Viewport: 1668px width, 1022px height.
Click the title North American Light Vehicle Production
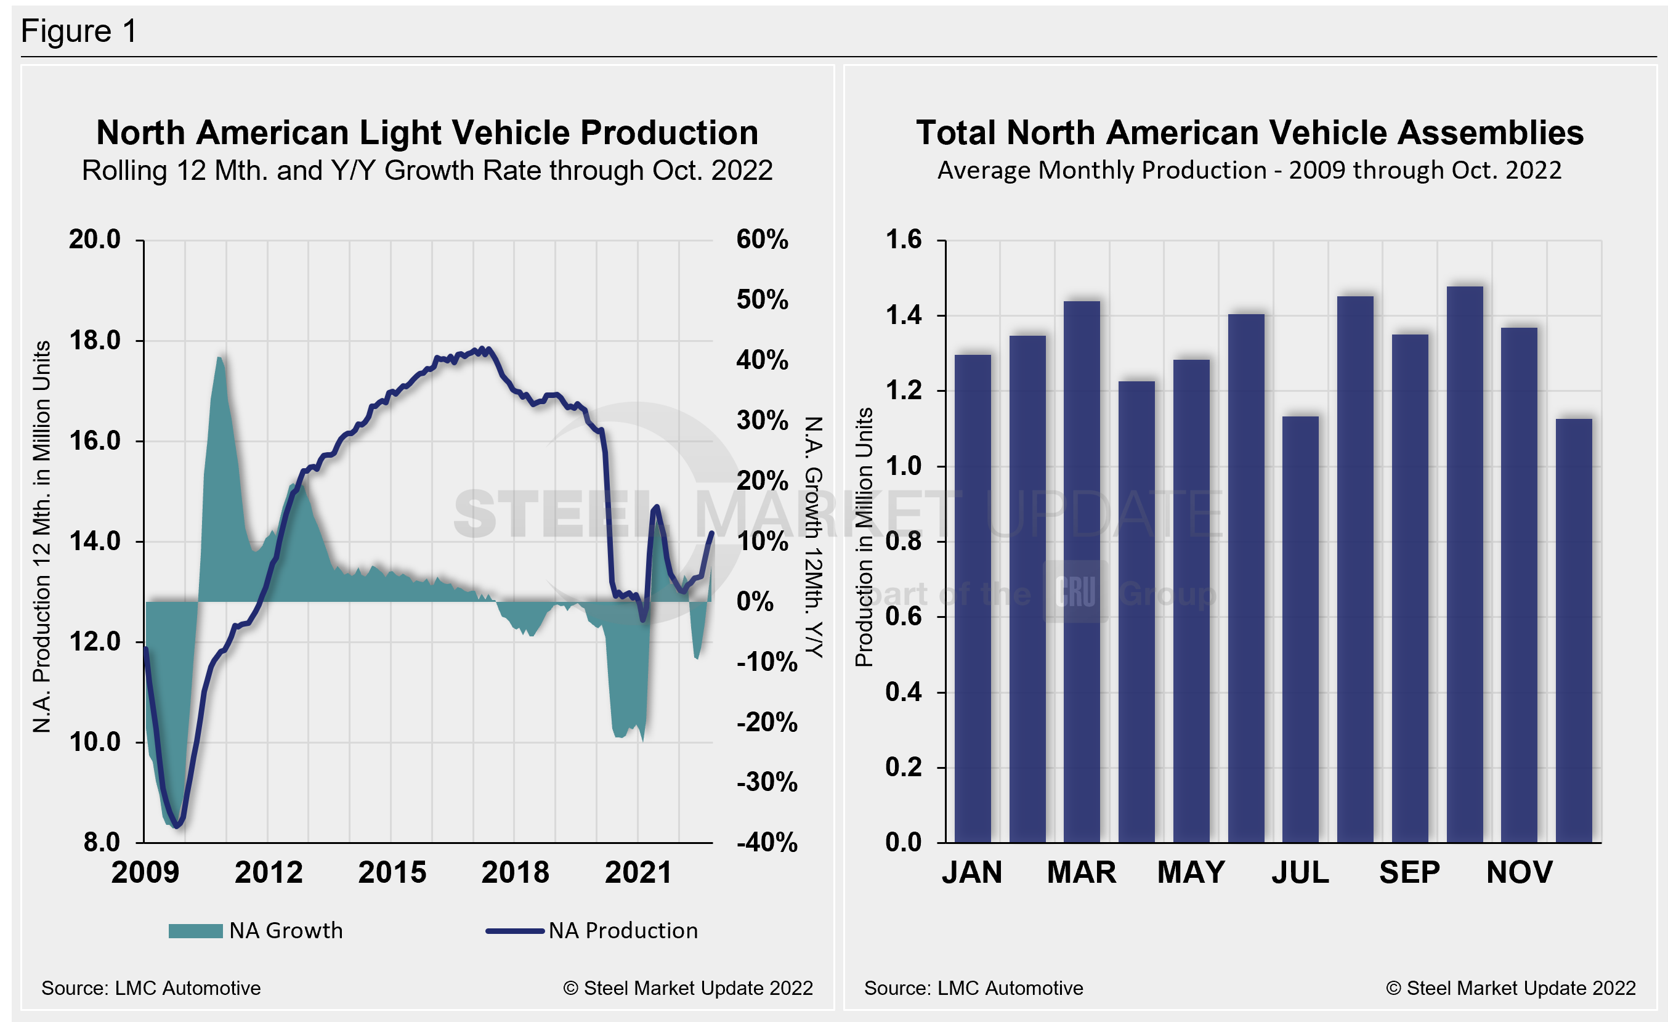click(427, 132)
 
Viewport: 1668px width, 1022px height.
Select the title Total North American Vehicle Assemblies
click(1249, 132)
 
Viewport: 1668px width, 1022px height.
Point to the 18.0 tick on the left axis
click(95, 341)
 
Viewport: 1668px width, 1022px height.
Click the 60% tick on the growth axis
click(763, 240)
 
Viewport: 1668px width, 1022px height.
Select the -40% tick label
click(766, 843)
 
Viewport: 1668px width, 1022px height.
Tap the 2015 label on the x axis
click(392, 872)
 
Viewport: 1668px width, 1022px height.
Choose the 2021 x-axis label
click(638, 872)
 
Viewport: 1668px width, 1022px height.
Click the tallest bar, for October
click(1465, 564)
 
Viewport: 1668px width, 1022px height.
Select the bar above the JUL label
click(1300, 630)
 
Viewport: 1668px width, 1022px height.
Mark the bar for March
click(1082, 572)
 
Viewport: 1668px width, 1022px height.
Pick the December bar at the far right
click(1574, 631)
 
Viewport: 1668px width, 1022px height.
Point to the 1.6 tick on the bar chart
click(904, 240)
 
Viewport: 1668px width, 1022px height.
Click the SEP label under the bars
click(1409, 872)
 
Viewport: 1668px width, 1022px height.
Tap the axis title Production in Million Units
click(864, 537)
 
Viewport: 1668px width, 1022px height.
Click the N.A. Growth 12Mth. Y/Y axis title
click(814, 537)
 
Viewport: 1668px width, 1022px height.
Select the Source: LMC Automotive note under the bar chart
click(973, 988)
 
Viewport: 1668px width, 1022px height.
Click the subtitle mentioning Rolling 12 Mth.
click(427, 171)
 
